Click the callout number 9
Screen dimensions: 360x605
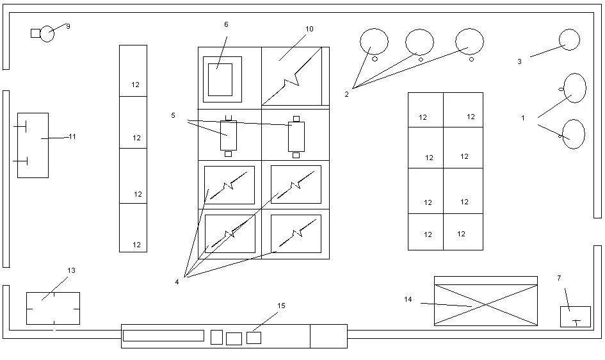click(68, 26)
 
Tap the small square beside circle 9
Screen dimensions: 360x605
click(35, 33)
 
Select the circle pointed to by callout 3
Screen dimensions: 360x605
click(569, 40)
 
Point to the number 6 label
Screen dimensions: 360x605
click(226, 24)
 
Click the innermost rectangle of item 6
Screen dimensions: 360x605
click(220, 80)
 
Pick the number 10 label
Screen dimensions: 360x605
click(309, 29)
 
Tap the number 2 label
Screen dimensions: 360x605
click(346, 94)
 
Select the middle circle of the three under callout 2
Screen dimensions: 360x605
click(419, 42)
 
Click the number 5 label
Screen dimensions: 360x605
click(173, 115)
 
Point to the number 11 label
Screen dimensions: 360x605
click(72, 136)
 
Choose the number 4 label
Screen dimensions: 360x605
click(177, 282)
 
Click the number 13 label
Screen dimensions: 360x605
click(71, 270)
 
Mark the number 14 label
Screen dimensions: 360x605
click(408, 299)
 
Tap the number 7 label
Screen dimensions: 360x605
click(559, 278)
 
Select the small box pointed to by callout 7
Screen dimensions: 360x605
click(575, 316)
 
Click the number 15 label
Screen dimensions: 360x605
click(281, 306)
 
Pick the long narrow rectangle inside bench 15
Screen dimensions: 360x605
click(163, 336)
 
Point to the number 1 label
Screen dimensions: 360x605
click(523, 118)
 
